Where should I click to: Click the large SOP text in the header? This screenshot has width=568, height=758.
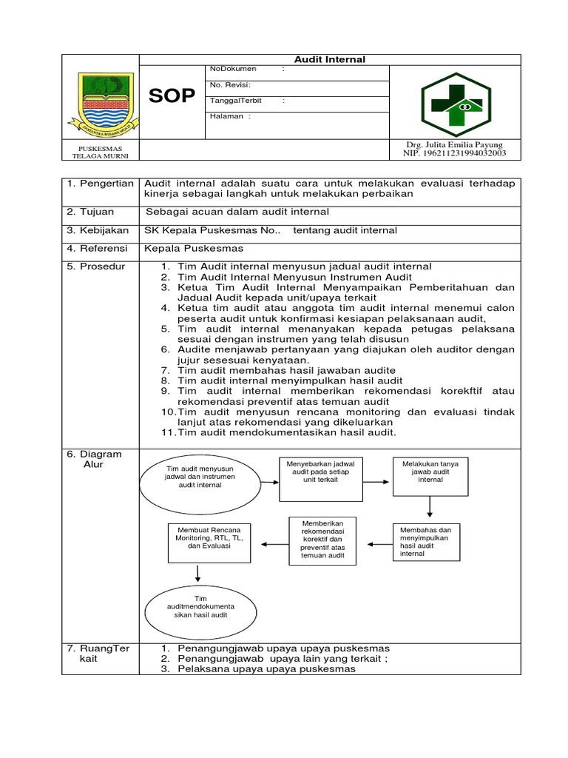click(x=172, y=96)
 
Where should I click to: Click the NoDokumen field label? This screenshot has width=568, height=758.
click(x=233, y=69)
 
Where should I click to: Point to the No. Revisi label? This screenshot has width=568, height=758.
click(x=231, y=85)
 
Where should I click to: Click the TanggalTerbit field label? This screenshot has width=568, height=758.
click(x=236, y=101)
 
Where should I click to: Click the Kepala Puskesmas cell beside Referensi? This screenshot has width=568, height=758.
click(x=194, y=248)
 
